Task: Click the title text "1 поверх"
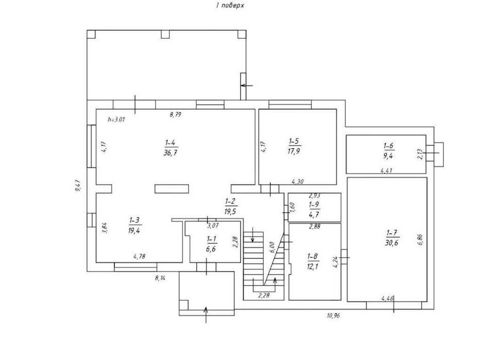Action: click(x=230, y=5)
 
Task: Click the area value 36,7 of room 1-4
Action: click(x=170, y=153)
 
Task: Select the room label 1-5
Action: click(x=294, y=141)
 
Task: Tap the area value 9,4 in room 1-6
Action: click(x=388, y=156)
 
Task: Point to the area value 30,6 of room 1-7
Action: click(x=391, y=243)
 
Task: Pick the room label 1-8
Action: click(x=312, y=256)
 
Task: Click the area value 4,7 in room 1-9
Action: click(x=314, y=214)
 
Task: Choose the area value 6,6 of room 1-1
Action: click(x=211, y=249)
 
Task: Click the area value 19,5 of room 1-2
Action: click(x=230, y=212)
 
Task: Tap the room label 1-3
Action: click(x=134, y=220)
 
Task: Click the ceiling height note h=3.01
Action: click(x=116, y=120)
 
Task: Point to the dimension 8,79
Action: click(x=175, y=115)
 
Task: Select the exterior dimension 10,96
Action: click(x=333, y=315)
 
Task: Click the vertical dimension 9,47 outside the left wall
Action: click(x=77, y=186)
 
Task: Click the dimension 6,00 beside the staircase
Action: click(x=271, y=247)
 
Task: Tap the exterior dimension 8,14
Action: click(x=160, y=279)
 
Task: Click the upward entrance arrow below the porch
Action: click(x=206, y=315)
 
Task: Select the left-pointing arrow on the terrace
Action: click(x=247, y=85)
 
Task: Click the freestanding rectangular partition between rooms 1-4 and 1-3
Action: click(x=171, y=189)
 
